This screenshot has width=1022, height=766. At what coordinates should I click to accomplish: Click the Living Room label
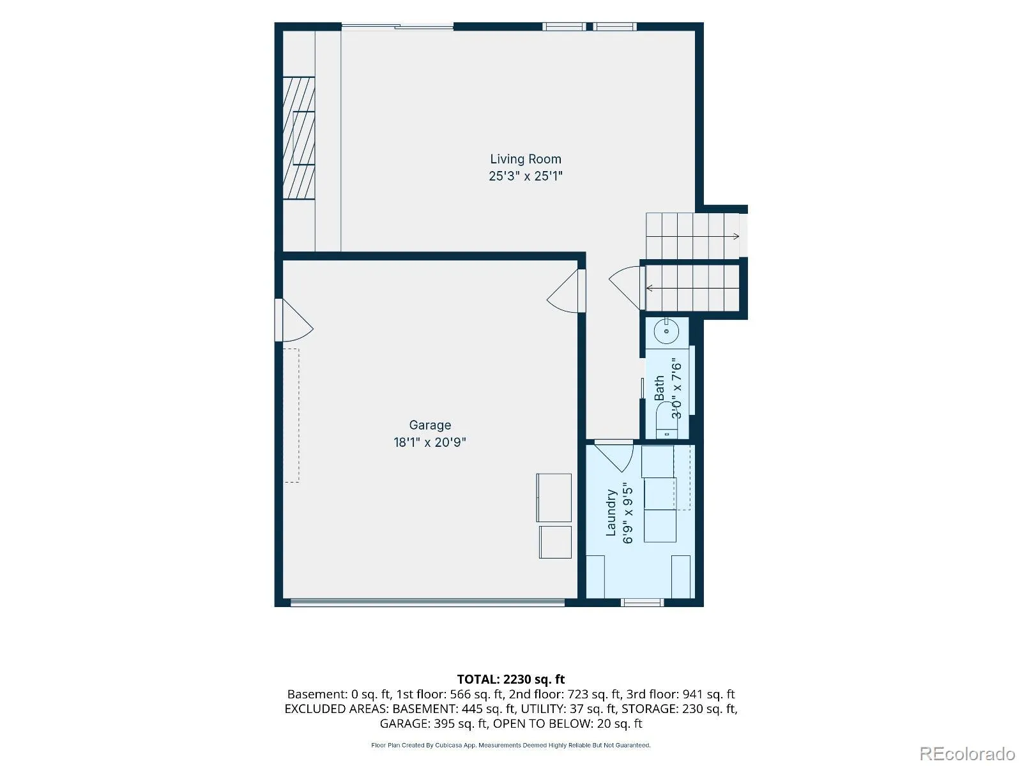[x=525, y=159]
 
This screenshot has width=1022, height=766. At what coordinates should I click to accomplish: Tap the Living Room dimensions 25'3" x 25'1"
[x=525, y=176]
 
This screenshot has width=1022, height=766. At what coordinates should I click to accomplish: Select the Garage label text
[x=430, y=425]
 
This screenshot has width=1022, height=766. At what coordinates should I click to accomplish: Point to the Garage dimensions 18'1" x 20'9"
[x=430, y=442]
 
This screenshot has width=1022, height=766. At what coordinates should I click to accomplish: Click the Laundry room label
[x=611, y=513]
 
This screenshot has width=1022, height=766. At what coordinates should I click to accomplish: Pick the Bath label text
[x=659, y=388]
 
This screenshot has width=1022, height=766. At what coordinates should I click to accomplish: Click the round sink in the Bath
[x=666, y=331]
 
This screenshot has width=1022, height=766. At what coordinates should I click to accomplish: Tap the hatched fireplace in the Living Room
[x=299, y=138]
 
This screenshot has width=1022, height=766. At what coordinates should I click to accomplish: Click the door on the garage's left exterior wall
[x=294, y=320]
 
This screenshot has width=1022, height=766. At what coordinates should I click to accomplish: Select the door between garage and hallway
[x=566, y=290]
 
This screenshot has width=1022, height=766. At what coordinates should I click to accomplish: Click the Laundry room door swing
[x=614, y=458]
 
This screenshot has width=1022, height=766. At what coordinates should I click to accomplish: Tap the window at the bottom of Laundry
[x=642, y=603]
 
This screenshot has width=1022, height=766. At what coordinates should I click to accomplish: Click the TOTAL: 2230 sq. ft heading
[x=511, y=679]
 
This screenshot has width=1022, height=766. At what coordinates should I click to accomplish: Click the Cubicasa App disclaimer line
[x=511, y=745]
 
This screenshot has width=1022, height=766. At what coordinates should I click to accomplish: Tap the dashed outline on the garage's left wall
[x=291, y=416]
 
